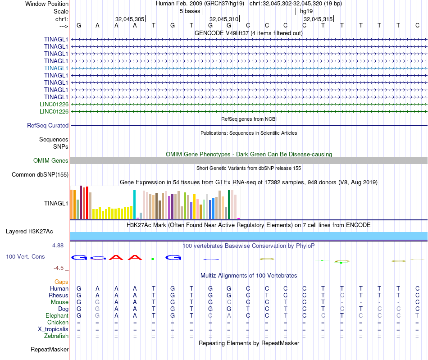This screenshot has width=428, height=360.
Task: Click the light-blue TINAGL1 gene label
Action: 56,68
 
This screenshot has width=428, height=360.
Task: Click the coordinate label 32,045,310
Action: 224,19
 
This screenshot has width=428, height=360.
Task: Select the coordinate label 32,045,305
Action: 130,19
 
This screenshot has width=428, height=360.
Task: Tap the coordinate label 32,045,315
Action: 318,19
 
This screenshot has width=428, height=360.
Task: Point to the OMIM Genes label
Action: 51,161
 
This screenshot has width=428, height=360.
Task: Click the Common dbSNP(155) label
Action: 40,175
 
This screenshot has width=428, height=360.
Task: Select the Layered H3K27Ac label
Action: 29,232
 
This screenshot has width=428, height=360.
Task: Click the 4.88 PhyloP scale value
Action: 59,246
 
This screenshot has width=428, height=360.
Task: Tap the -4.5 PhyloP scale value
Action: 59,268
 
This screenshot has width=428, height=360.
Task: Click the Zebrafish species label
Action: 56,336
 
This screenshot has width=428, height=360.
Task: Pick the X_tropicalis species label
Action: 53,329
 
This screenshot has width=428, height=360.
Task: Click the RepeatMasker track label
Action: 50,350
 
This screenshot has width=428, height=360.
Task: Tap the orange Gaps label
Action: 61,282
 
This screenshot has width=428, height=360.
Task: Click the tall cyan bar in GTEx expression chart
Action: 134,204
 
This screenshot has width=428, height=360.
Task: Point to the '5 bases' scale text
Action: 190,11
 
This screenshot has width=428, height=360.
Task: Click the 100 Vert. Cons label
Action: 25,256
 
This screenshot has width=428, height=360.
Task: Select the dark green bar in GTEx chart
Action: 229,204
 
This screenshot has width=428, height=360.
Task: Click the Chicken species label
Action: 58,323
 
